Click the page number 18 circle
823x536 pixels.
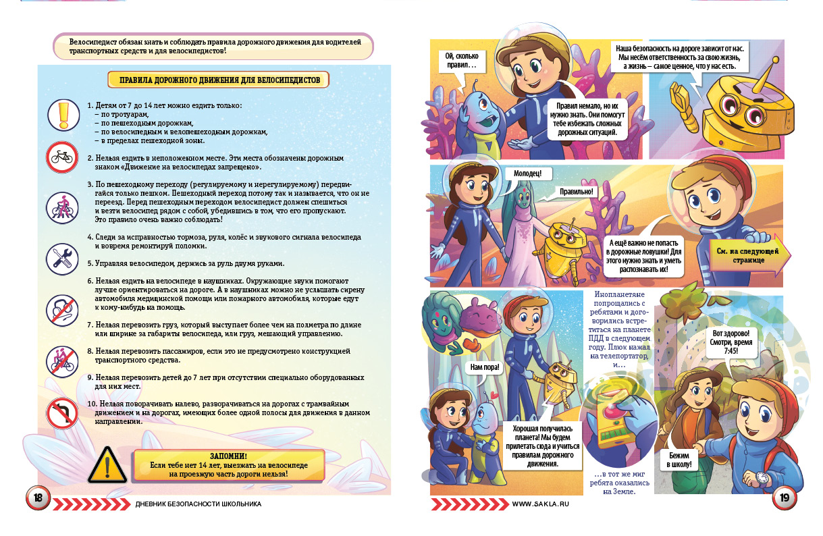38,498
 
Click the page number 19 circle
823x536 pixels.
785,498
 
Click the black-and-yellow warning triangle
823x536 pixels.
107,463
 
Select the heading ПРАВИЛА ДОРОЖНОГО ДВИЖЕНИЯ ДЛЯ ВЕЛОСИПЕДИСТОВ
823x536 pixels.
219,80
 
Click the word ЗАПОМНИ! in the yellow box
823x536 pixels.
228,456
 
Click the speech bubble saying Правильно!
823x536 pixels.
576,192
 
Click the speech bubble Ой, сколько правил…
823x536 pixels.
462,61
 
